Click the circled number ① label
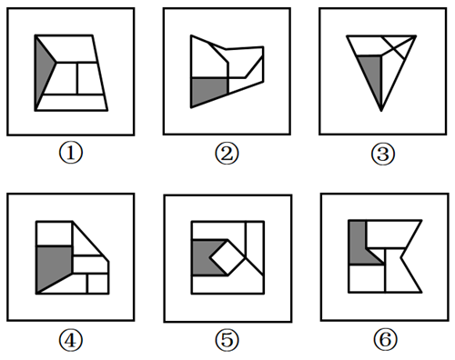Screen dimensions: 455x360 [70, 154]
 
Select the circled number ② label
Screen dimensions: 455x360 [227, 154]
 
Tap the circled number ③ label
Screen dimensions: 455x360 [383, 154]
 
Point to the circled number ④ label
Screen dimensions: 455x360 [70, 340]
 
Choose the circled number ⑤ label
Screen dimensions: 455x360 [227, 340]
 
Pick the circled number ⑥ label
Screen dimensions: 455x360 [385, 339]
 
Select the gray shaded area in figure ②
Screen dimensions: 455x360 [207, 89]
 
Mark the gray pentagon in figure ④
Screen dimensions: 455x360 [54, 266]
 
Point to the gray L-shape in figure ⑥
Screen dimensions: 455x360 [359, 247]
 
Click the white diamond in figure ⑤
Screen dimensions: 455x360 [227, 258]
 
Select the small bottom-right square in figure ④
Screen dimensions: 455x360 [98, 284]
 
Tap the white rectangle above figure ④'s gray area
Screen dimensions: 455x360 [55, 234]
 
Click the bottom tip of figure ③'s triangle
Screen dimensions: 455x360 [381, 111]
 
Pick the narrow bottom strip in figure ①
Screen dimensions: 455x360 [72, 103]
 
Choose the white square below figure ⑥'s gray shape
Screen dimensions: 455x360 [367, 278]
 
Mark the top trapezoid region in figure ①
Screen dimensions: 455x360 [70, 48]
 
